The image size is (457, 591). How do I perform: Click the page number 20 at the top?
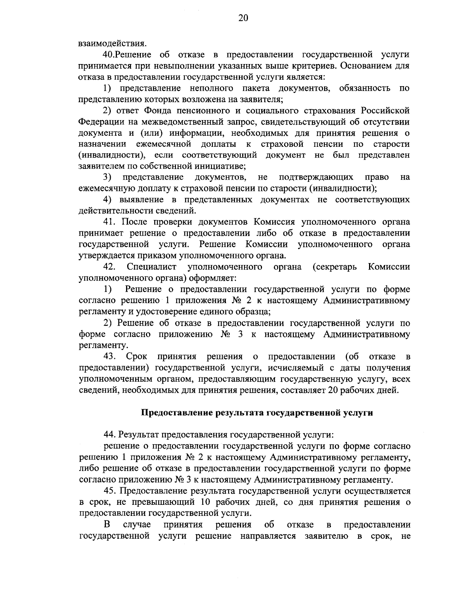point(243,18)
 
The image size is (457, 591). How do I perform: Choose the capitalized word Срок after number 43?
point(134,357)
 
